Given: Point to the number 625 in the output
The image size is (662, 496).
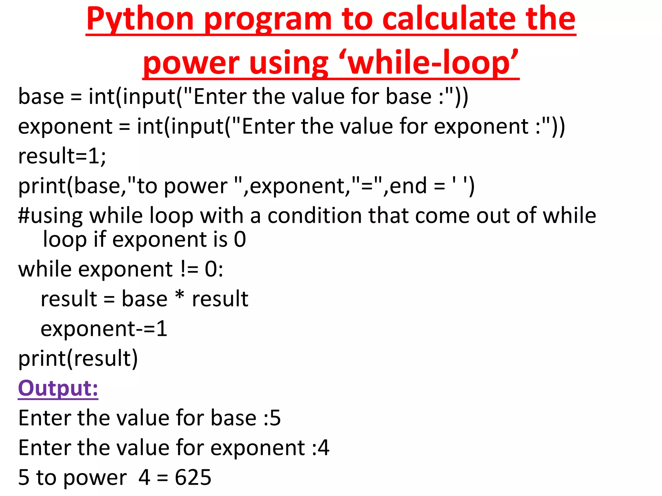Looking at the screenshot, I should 193,477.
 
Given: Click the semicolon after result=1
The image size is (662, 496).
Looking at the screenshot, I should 103,157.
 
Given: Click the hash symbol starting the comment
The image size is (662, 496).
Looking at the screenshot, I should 24,216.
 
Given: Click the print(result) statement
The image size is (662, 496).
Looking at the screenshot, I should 78,358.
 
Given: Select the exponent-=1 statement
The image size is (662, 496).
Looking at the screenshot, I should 104,329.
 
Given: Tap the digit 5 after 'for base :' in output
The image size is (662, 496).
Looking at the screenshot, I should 275,418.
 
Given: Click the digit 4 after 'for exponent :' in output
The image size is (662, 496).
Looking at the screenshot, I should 323,448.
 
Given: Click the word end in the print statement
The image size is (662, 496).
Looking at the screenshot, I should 408,186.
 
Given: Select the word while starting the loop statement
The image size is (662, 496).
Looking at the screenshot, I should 45,269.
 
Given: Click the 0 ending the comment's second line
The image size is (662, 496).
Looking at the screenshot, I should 240,240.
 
